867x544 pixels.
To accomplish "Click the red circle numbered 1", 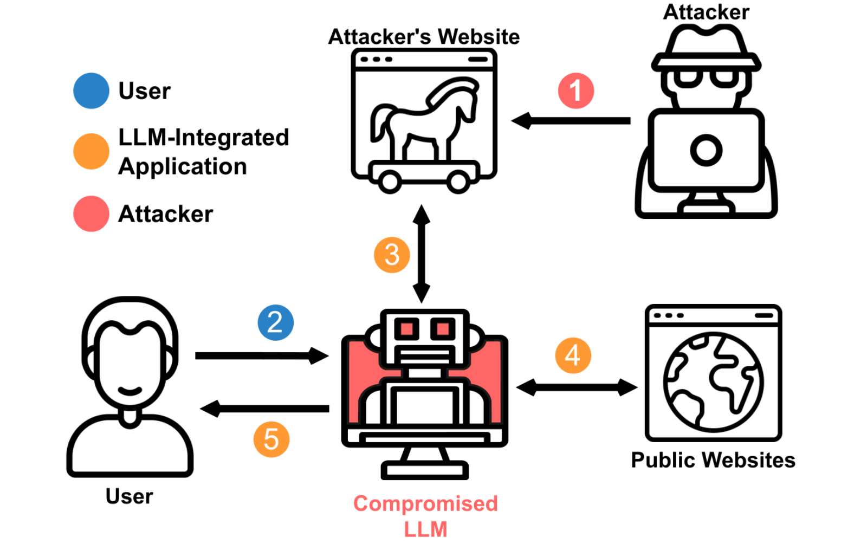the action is tap(576, 90).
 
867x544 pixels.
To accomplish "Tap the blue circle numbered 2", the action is tap(276, 322).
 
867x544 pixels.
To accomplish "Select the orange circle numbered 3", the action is tap(392, 255).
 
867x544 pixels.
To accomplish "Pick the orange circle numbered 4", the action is tap(573, 355).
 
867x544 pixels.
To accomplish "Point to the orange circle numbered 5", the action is tap(271, 439).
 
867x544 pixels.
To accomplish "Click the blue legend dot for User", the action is tap(92, 90).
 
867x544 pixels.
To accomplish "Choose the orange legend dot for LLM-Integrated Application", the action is tap(92, 151).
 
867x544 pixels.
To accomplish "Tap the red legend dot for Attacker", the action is tap(92, 213).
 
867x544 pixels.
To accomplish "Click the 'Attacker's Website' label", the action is tap(424, 37).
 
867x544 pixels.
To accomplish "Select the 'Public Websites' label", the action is tap(713, 460).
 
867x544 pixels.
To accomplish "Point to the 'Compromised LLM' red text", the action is tap(425, 516).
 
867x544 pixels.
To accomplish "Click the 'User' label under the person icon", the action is tap(130, 496).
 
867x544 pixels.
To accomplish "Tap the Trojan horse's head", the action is tap(457, 97).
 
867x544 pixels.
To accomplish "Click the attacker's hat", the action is tap(707, 48).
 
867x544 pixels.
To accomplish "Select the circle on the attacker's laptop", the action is tap(707, 150).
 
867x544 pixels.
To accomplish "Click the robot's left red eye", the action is tap(406, 329).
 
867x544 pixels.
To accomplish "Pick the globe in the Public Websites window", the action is tap(713, 382).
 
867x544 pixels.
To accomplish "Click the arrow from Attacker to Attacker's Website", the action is tap(571, 121).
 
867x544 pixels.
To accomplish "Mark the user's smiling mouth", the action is tap(130, 391).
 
